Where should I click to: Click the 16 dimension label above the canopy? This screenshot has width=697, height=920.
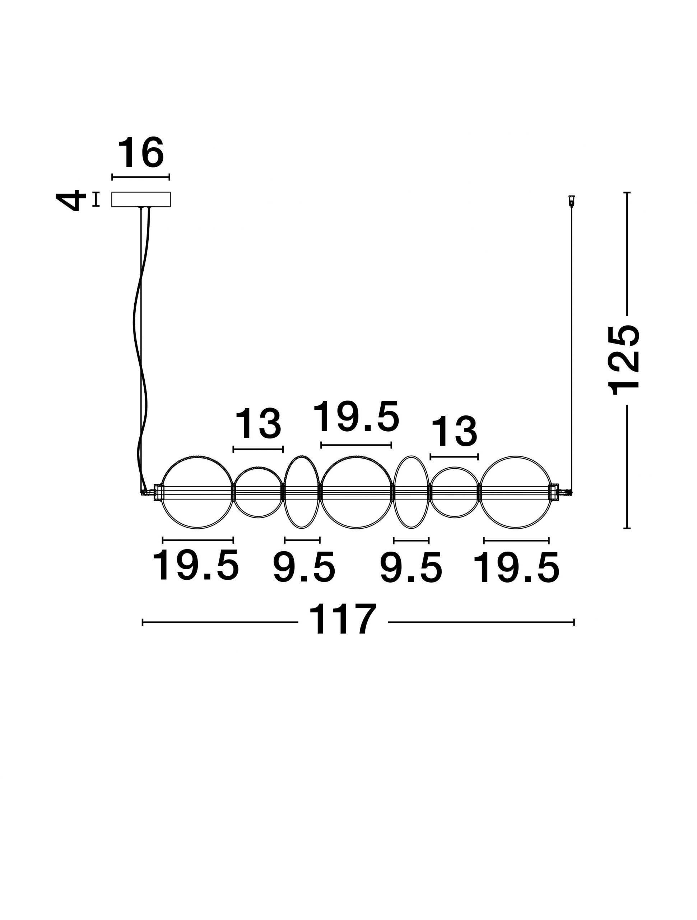(x=141, y=153)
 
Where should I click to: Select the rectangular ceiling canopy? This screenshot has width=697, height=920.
(x=141, y=199)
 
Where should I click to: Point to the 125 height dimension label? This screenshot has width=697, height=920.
(x=624, y=360)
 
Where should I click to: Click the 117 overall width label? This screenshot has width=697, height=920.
(x=343, y=619)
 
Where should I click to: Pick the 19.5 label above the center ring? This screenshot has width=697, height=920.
(x=356, y=417)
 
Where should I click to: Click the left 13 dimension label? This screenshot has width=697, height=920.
(x=258, y=423)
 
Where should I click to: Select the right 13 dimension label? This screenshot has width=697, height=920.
(x=454, y=432)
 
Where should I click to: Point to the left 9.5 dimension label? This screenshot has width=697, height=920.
(x=304, y=568)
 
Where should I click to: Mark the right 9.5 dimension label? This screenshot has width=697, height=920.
(x=411, y=568)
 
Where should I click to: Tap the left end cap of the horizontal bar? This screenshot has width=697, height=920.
(x=159, y=492)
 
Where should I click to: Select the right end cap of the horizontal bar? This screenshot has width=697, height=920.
(x=554, y=492)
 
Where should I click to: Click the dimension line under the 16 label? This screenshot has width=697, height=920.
(x=141, y=177)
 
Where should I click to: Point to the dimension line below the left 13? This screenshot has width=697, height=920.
(x=258, y=449)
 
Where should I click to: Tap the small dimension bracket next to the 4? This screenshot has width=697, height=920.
(x=96, y=199)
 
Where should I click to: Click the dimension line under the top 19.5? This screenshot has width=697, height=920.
(x=356, y=445)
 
